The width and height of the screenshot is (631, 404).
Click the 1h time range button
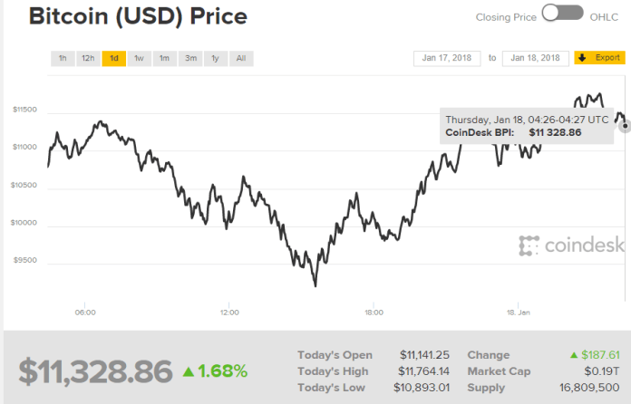(x=63, y=58)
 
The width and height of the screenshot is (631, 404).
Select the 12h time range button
(x=88, y=58)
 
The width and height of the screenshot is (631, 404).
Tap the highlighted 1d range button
(x=114, y=58)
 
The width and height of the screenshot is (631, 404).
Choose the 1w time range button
(x=140, y=58)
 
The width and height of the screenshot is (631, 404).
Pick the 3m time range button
(x=190, y=58)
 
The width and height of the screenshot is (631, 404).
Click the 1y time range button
(x=215, y=58)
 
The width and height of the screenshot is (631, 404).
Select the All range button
(x=240, y=58)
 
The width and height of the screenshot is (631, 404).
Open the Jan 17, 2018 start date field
(x=447, y=58)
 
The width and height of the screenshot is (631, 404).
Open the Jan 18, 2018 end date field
(x=535, y=58)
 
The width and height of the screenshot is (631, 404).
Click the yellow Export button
(x=599, y=58)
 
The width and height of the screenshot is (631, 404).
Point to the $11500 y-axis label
(x=24, y=110)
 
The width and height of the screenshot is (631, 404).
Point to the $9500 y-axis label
(x=24, y=260)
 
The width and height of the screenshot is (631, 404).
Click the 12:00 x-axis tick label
(x=229, y=313)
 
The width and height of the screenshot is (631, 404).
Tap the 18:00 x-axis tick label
(x=374, y=313)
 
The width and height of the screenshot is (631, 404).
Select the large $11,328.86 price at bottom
(x=95, y=370)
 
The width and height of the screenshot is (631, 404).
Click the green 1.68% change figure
(x=215, y=370)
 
